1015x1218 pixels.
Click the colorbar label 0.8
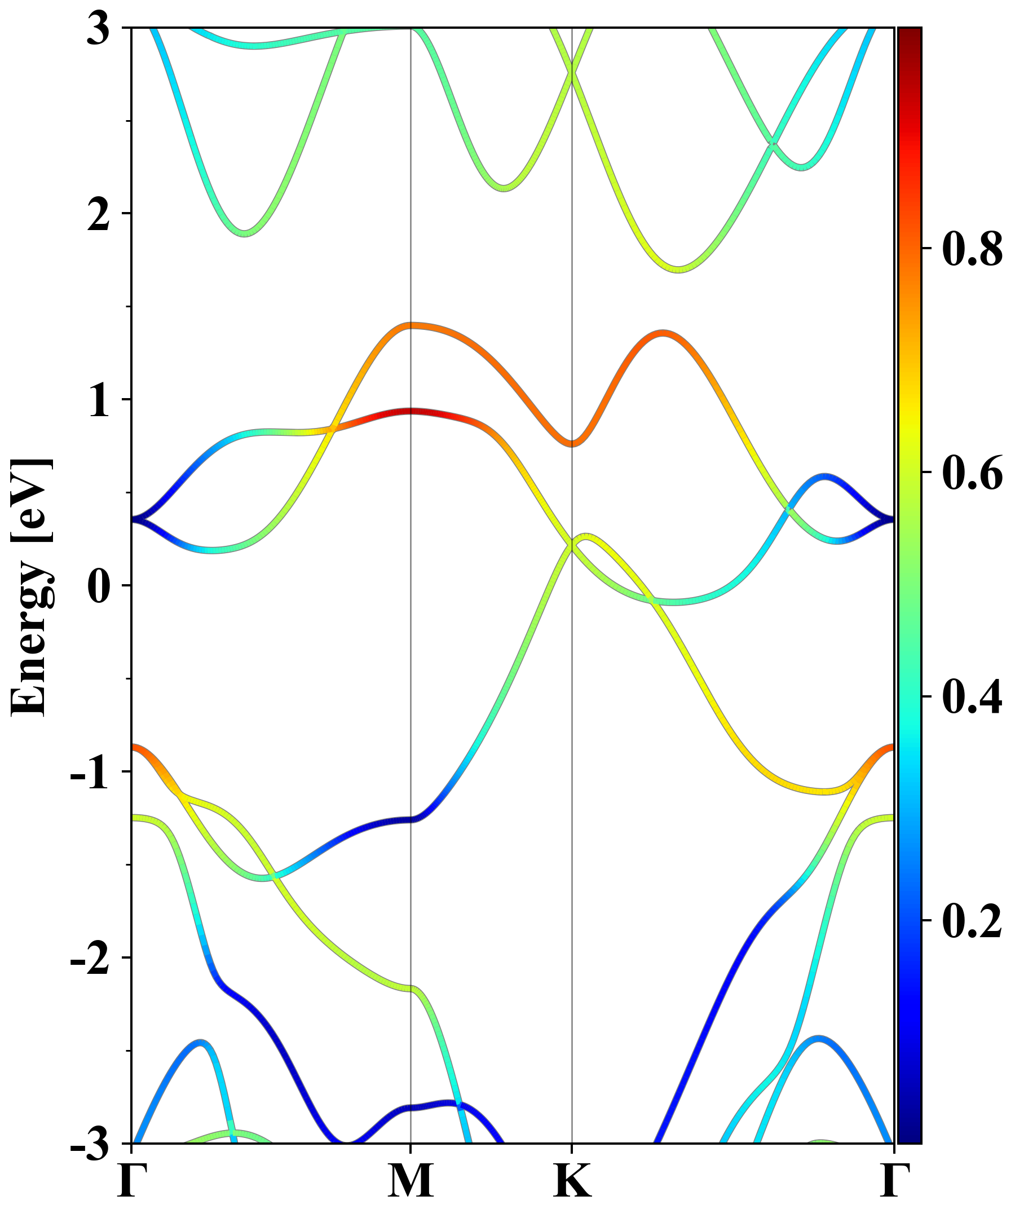[972, 249]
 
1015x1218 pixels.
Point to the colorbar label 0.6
[972, 473]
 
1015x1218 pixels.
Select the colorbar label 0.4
[972, 696]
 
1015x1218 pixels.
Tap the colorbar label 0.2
[972, 920]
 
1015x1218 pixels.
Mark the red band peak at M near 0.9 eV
[411, 412]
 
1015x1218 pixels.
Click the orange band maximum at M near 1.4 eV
[411, 325]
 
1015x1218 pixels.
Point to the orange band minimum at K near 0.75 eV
[572, 444]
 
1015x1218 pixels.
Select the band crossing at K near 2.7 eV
[572, 73]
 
